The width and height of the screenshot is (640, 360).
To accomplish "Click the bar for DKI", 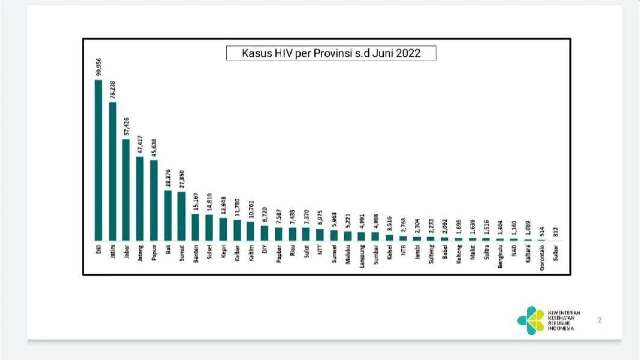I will pyautogui.click(x=98, y=160).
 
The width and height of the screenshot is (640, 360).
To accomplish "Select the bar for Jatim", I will pyautogui.click(x=112, y=171).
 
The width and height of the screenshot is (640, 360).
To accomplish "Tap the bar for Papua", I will pyautogui.click(x=154, y=200).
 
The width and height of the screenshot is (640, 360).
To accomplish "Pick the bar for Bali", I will pyautogui.click(x=168, y=215).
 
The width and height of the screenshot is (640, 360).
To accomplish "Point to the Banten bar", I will pyautogui.click(x=195, y=227).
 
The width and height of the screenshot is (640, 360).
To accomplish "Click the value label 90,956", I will pyautogui.click(x=99, y=67).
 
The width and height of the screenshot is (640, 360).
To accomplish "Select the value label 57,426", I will pyautogui.click(x=127, y=127).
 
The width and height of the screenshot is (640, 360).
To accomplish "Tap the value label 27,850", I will pyautogui.click(x=182, y=179).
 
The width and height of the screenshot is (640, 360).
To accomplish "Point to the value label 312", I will pyautogui.click(x=555, y=232).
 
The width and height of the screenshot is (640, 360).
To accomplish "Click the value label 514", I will pyautogui.click(x=542, y=232).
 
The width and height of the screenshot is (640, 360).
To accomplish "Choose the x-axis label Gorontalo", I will pyautogui.click(x=542, y=258).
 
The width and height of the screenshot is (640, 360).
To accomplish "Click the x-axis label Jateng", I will pyautogui.click(x=140, y=253).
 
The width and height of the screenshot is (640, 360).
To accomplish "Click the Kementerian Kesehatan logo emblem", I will pyautogui.click(x=531, y=320).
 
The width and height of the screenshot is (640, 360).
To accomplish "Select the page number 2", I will pyautogui.click(x=600, y=320).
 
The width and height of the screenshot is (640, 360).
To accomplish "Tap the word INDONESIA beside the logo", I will pyautogui.click(x=561, y=328).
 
